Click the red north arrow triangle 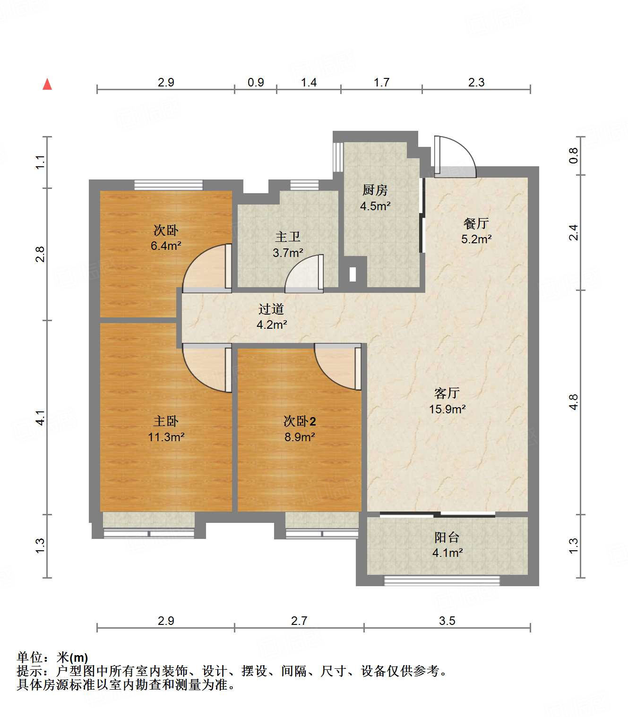tap(47, 84)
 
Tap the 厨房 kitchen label tap(375, 190)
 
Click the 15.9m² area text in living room tap(447, 409)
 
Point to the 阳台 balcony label tap(447, 537)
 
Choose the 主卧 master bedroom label tap(166, 421)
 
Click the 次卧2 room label tap(300, 421)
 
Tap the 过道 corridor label tap(271, 309)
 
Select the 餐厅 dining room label tap(476, 223)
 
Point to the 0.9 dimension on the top tap(256, 82)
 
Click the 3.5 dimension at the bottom tap(447, 621)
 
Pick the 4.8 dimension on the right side tap(573, 402)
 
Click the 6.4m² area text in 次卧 tap(166, 246)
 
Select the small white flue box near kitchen tap(353, 274)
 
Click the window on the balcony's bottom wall tap(442, 581)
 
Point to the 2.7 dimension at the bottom tap(299, 621)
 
